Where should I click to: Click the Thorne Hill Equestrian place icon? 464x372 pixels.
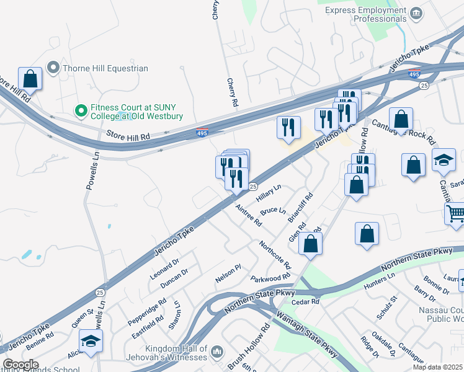pos(53,68)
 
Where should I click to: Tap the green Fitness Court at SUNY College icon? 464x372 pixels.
pos(80,111)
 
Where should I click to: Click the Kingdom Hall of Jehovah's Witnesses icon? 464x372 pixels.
pos(216,352)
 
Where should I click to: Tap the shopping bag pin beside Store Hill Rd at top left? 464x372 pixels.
pos(30,79)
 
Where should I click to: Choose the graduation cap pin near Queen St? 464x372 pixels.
pos(91,342)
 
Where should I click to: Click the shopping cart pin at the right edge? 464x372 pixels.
pos(456,215)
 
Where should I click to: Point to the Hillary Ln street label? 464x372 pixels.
pos(269,194)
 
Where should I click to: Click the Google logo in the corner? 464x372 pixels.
pos(20,365)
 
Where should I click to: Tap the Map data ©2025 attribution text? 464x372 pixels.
pos(437,367)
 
